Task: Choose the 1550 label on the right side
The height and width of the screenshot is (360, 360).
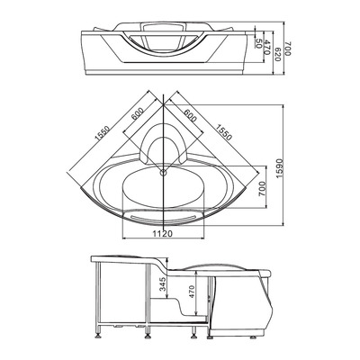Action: (221, 136)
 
